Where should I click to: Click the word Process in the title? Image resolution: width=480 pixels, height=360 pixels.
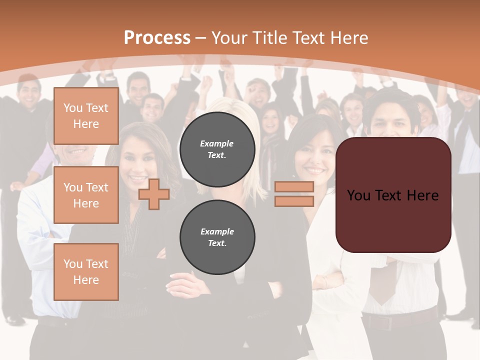(x=157, y=38)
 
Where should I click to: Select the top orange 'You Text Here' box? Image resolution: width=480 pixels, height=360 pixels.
(x=86, y=116)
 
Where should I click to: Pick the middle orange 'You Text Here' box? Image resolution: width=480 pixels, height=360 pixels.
(x=86, y=195)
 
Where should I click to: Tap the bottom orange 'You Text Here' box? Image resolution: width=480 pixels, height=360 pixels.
(x=86, y=271)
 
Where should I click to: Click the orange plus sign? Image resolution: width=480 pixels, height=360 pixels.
(x=154, y=194)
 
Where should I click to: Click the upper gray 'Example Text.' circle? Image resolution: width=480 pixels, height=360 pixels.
(x=217, y=149)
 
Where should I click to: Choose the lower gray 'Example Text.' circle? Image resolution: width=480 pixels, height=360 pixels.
(x=217, y=237)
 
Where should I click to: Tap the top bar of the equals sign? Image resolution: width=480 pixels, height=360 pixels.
(x=294, y=186)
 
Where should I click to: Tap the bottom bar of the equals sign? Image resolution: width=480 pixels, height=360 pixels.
(x=294, y=201)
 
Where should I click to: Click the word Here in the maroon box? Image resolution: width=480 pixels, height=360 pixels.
(x=422, y=195)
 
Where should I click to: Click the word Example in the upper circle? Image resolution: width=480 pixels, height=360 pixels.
(x=217, y=143)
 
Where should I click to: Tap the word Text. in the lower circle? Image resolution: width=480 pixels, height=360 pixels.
(x=217, y=243)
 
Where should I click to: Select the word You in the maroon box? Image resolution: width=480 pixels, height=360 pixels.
(x=359, y=195)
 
